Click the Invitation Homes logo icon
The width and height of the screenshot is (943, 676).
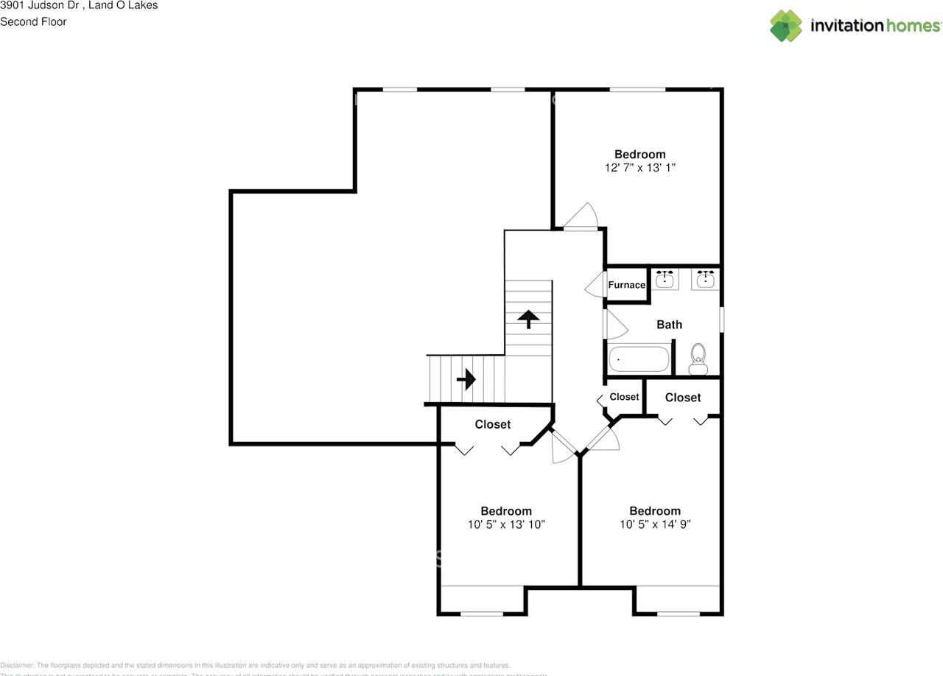(786, 26)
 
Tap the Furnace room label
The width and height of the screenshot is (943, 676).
(626, 285)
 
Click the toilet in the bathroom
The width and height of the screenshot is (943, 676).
(697, 359)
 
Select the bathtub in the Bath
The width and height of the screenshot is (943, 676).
(639, 359)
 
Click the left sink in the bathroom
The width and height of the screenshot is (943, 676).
(667, 278)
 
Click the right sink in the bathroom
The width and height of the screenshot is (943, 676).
(707, 278)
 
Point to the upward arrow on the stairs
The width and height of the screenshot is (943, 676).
(527, 319)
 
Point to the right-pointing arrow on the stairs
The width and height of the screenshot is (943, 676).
(466, 380)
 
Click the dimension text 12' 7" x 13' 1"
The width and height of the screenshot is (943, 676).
(639, 168)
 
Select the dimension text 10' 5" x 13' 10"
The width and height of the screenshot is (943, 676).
(506, 525)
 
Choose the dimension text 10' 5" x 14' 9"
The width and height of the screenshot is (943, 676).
(654, 525)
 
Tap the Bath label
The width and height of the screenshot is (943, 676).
(669, 325)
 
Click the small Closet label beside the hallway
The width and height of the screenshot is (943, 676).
(624, 397)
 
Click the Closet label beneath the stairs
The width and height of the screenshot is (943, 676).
(492, 425)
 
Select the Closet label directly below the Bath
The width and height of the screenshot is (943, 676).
(682, 398)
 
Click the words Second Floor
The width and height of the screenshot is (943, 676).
(33, 21)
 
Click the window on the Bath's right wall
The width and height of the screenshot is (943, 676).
(721, 320)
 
